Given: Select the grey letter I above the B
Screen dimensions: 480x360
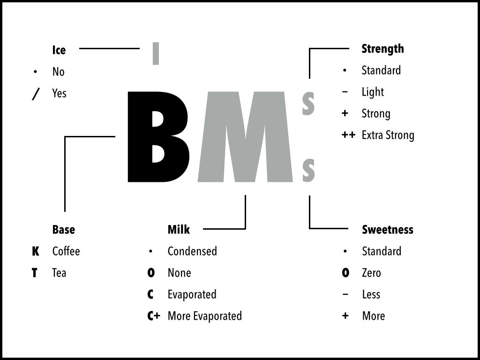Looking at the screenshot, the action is click(156, 53).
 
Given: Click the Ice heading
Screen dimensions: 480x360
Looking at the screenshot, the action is click(59, 50).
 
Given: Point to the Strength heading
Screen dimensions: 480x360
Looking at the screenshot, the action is click(382, 49).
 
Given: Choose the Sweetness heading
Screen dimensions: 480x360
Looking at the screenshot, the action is click(388, 230).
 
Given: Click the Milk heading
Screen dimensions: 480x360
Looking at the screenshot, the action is click(179, 230).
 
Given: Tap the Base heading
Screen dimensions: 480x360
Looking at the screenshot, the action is click(64, 230).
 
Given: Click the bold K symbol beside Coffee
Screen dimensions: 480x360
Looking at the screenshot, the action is click(36, 251).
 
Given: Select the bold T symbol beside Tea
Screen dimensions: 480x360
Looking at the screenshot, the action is click(35, 273).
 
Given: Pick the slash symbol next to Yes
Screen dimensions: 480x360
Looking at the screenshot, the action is click(36, 94).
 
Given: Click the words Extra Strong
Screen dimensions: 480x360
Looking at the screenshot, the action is click(388, 135).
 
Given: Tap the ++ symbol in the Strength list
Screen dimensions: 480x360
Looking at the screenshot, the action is click(348, 135).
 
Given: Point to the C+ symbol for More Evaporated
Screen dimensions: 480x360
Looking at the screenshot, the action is click(154, 316).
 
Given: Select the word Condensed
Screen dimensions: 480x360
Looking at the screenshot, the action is click(192, 251).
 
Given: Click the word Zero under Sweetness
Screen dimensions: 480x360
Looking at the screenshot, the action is click(371, 273).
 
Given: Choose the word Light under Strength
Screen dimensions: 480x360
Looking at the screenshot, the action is click(373, 92).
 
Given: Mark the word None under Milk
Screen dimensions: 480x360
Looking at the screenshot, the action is click(180, 273).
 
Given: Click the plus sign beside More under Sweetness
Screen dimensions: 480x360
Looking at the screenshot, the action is click(345, 315).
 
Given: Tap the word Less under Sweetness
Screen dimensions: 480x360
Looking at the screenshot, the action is click(371, 294).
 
